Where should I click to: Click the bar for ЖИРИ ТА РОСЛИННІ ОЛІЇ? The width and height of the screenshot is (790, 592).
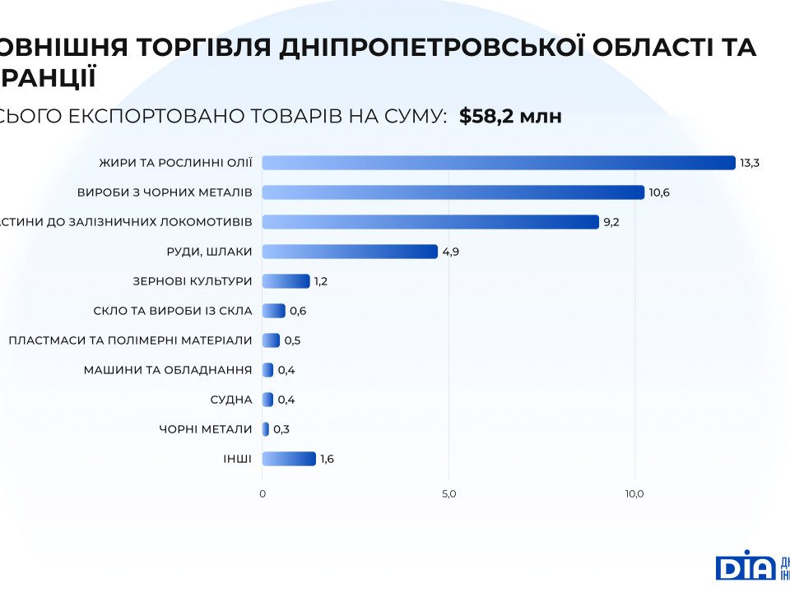click(498, 163)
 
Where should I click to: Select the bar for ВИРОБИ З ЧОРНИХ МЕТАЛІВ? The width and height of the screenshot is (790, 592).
click(453, 192)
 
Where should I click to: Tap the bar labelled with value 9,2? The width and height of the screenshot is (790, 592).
click(430, 222)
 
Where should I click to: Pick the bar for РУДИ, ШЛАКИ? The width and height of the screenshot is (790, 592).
click(350, 252)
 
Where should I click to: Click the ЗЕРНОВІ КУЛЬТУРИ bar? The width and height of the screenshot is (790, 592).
click(286, 281)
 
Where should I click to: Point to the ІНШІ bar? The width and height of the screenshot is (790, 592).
click(289, 459)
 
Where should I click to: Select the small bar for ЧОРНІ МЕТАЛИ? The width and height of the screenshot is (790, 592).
click(266, 429)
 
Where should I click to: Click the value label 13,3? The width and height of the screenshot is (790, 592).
click(749, 163)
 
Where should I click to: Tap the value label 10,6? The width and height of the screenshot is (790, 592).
click(659, 192)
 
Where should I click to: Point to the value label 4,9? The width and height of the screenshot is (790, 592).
click(450, 252)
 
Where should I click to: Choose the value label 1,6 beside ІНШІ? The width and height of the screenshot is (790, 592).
click(327, 459)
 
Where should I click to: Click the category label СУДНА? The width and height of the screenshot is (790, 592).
click(231, 400)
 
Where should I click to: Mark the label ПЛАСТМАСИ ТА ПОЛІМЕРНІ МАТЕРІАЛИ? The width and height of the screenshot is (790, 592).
click(130, 340)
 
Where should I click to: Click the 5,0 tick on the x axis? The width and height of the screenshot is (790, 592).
click(448, 494)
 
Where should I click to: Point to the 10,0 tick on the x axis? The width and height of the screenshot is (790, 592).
click(634, 494)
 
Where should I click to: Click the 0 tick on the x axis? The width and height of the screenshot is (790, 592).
click(263, 494)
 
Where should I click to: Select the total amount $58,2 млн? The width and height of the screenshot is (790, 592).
click(510, 117)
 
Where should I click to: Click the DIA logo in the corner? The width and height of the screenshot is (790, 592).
click(746, 567)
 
